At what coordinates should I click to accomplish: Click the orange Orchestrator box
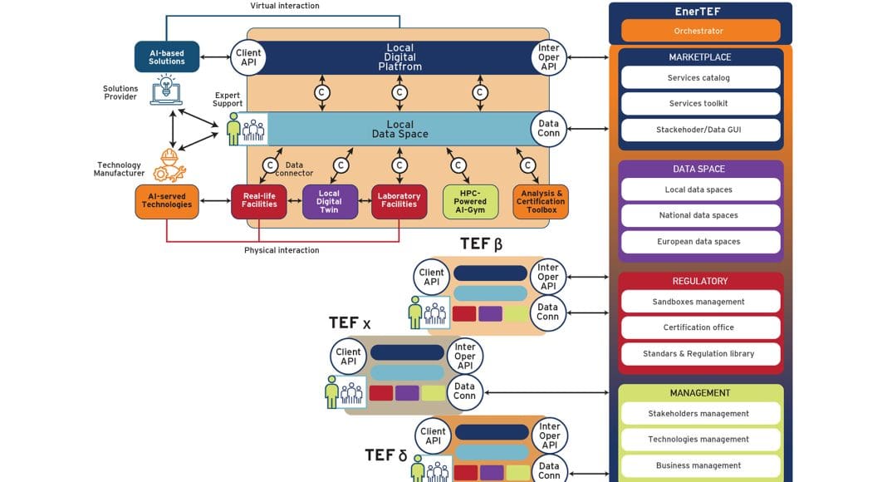(699, 31)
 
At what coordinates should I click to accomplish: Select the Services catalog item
(699, 78)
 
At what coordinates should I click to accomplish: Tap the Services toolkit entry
(699, 104)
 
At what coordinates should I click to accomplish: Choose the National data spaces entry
(699, 215)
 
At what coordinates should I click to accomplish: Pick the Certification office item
(699, 327)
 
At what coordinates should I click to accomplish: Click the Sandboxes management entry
(699, 302)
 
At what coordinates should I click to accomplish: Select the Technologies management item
(699, 440)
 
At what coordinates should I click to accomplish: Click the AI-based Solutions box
(167, 57)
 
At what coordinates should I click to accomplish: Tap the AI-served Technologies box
(167, 201)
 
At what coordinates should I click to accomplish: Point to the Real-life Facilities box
(259, 201)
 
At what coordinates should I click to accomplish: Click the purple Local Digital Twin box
(329, 201)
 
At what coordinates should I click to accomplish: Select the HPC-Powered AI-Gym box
(470, 201)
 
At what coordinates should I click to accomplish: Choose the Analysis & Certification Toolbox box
(541, 201)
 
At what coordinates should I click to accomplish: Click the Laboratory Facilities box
(399, 201)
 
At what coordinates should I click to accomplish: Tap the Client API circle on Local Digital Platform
(247, 57)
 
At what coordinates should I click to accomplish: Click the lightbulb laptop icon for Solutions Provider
(166, 91)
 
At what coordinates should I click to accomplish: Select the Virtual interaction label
(285, 6)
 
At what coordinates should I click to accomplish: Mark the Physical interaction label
(282, 250)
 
